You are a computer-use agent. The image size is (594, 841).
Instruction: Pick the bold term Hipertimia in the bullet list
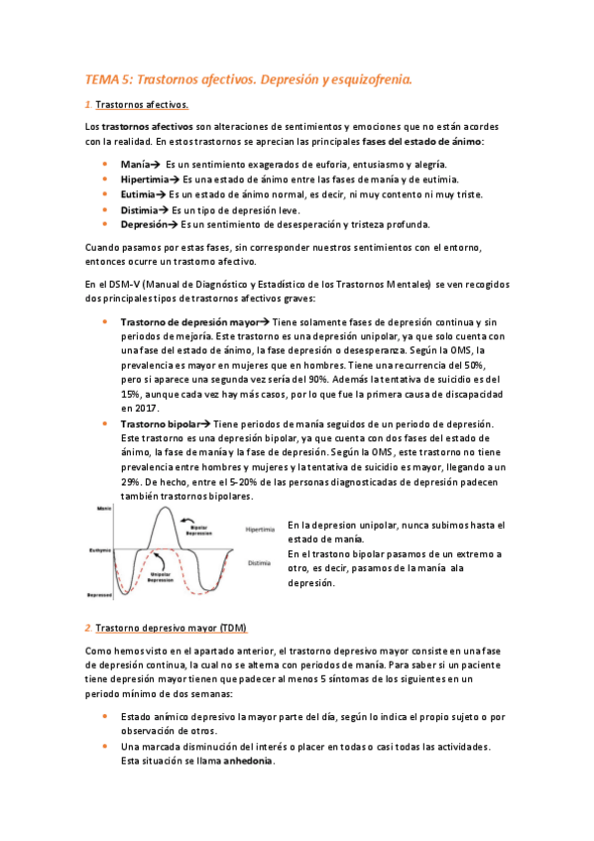coord(145,179)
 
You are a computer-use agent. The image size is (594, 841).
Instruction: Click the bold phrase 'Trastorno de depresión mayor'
coord(188,322)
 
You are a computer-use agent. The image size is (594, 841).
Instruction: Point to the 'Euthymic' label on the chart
coord(99,547)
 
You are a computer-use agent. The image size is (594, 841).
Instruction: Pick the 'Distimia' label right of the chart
coord(259,562)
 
